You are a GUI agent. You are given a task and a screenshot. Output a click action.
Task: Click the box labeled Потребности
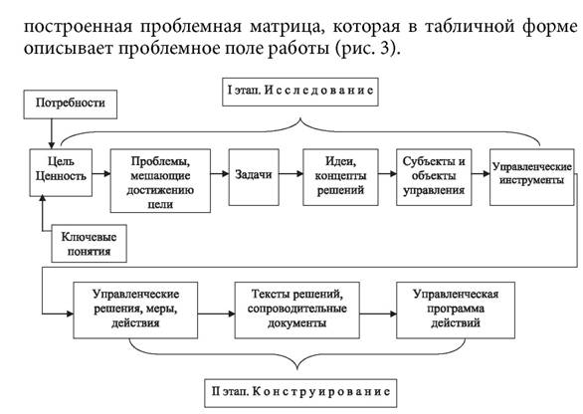pos(71,104)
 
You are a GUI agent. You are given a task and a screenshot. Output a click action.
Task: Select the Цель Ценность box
pos(61,172)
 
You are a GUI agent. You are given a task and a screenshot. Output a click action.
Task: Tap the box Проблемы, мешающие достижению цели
pos(160,181)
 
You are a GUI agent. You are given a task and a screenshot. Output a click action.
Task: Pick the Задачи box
pos(254,177)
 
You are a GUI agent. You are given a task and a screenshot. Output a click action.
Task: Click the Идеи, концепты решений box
pos(340,177)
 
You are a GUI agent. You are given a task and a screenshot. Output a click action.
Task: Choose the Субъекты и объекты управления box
pos(434,177)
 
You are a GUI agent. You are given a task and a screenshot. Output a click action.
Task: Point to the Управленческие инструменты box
pos(532,177)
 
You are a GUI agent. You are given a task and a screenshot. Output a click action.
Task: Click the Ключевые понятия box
pos(89,243)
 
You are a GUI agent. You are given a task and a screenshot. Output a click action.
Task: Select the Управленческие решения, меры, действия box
pos(135,310)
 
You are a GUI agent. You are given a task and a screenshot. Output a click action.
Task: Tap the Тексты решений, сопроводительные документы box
pos(297,310)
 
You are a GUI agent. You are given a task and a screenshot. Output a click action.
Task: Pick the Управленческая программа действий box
pos(456,310)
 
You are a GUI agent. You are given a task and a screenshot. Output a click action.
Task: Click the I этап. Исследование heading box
pos(300,92)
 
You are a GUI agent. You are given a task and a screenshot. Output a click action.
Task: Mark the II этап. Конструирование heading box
pos(300,393)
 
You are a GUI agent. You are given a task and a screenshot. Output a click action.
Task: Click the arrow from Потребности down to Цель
pos(52,134)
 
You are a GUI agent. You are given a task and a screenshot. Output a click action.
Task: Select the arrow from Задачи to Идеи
pos(291,174)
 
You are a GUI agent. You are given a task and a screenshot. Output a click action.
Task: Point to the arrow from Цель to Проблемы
pos(101,173)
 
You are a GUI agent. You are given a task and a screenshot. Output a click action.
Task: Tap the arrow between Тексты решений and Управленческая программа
pos(378,313)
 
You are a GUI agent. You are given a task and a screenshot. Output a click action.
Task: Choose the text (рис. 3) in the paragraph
pos(367,49)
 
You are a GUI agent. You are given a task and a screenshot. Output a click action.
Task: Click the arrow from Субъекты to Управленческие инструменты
pos(481,174)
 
